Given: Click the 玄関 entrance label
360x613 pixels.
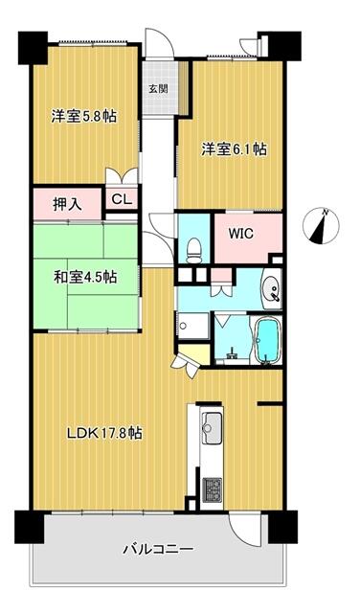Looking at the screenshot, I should click(x=157, y=88).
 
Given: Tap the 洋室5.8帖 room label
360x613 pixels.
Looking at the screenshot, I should click(x=84, y=116).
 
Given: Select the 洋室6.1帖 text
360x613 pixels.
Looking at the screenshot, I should click(x=234, y=149).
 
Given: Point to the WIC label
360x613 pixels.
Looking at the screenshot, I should click(x=240, y=231).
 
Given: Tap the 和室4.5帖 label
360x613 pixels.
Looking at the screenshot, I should click(x=86, y=277).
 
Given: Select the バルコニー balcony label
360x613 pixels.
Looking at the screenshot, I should click(x=158, y=550).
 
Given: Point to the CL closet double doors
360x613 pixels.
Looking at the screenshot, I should click(x=122, y=177).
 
